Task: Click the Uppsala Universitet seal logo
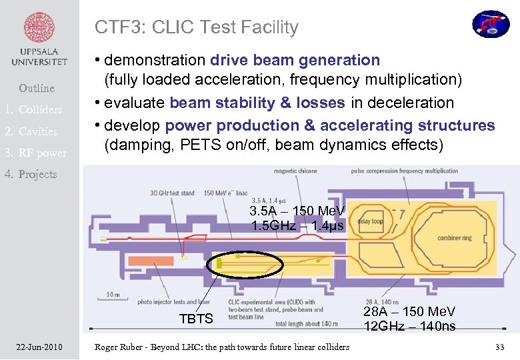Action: tap(39, 29)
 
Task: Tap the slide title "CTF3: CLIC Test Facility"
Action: tap(196, 27)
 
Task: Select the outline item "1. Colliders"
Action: tap(34, 109)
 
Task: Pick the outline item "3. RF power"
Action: tap(35, 153)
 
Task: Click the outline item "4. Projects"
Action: tap(30, 174)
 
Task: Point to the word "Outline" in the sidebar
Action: tap(37, 88)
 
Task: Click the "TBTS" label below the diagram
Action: tap(197, 319)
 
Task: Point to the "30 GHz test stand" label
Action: tap(172, 193)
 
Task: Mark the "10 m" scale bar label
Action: tap(113, 294)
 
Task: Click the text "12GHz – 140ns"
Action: tap(409, 326)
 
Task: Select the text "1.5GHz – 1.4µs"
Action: tap(297, 225)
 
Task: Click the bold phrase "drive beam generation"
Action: tap(295, 60)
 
